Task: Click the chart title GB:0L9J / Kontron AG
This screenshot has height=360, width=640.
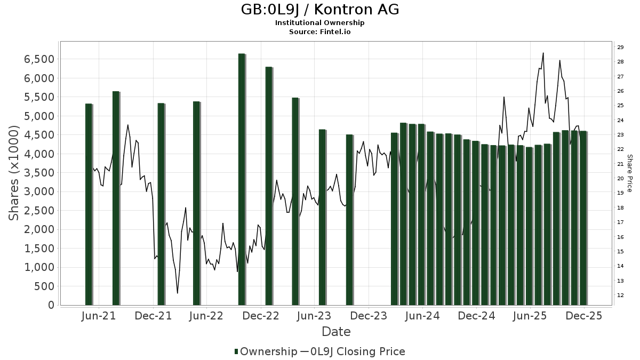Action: click(x=319, y=10)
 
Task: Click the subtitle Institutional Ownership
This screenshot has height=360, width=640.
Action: click(x=319, y=23)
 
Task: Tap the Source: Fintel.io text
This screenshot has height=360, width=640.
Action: click(x=319, y=31)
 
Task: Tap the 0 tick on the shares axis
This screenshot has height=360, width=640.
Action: click(x=51, y=305)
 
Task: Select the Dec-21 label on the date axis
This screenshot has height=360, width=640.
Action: click(x=153, y=316)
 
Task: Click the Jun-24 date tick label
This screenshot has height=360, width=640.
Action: click(x=422, y=316)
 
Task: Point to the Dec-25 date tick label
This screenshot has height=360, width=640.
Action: click(x=584, y=316)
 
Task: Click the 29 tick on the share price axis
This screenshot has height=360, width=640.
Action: click(x=620, y=47)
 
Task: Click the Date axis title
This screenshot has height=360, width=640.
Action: click(x=336, y=332)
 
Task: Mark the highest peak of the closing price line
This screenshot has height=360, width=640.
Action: click(x=543, y=53)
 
